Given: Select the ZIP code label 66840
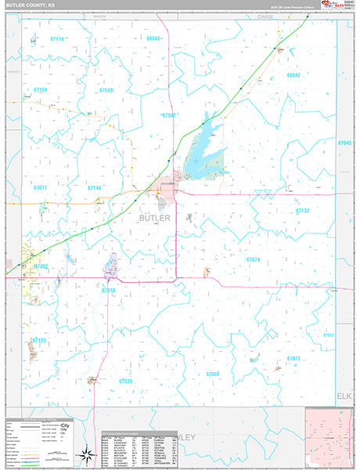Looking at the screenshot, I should coord(153,38).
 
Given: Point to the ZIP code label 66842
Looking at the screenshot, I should coord(293,75).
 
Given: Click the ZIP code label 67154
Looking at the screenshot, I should coord(41,90).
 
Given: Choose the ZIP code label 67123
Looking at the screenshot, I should coord(107,90).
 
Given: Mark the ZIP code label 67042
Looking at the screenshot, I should coord(169,115).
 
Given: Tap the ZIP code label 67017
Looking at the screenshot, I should coord(41,188).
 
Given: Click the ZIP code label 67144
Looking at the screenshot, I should coord(95,188).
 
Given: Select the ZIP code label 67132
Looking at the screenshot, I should coord(303,211).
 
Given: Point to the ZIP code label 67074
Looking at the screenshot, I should coord(253,259).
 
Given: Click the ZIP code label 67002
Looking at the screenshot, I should coord(41,266).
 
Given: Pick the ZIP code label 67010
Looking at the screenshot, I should coord(108,290).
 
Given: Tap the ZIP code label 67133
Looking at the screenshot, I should coord(39,341).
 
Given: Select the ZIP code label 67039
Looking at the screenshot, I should coord(125,381).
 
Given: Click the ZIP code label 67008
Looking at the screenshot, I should coord(213,374).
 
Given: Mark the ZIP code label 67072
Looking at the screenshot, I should coord(293,358).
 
